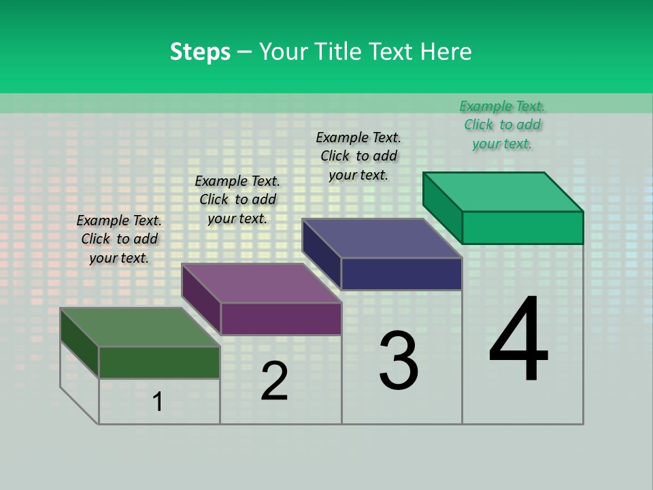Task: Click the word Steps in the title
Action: tap(200, 52)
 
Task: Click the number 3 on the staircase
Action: tap(399, 361)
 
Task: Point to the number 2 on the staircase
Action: tap(274, 381)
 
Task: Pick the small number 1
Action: tap(158, 402)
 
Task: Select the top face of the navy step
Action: tap(382, 238)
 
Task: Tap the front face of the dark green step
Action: tap(159, 362)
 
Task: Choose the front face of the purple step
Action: tap(281, 318)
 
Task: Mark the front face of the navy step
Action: tap(401, 274)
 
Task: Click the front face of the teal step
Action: tap(522, 227)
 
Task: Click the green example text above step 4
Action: tap(502, 125)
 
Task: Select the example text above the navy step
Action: tap(358, 156)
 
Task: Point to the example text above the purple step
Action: tap(237, 199)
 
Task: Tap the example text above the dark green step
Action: tap(119, 239)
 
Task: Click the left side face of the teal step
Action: tap(442, 208)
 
